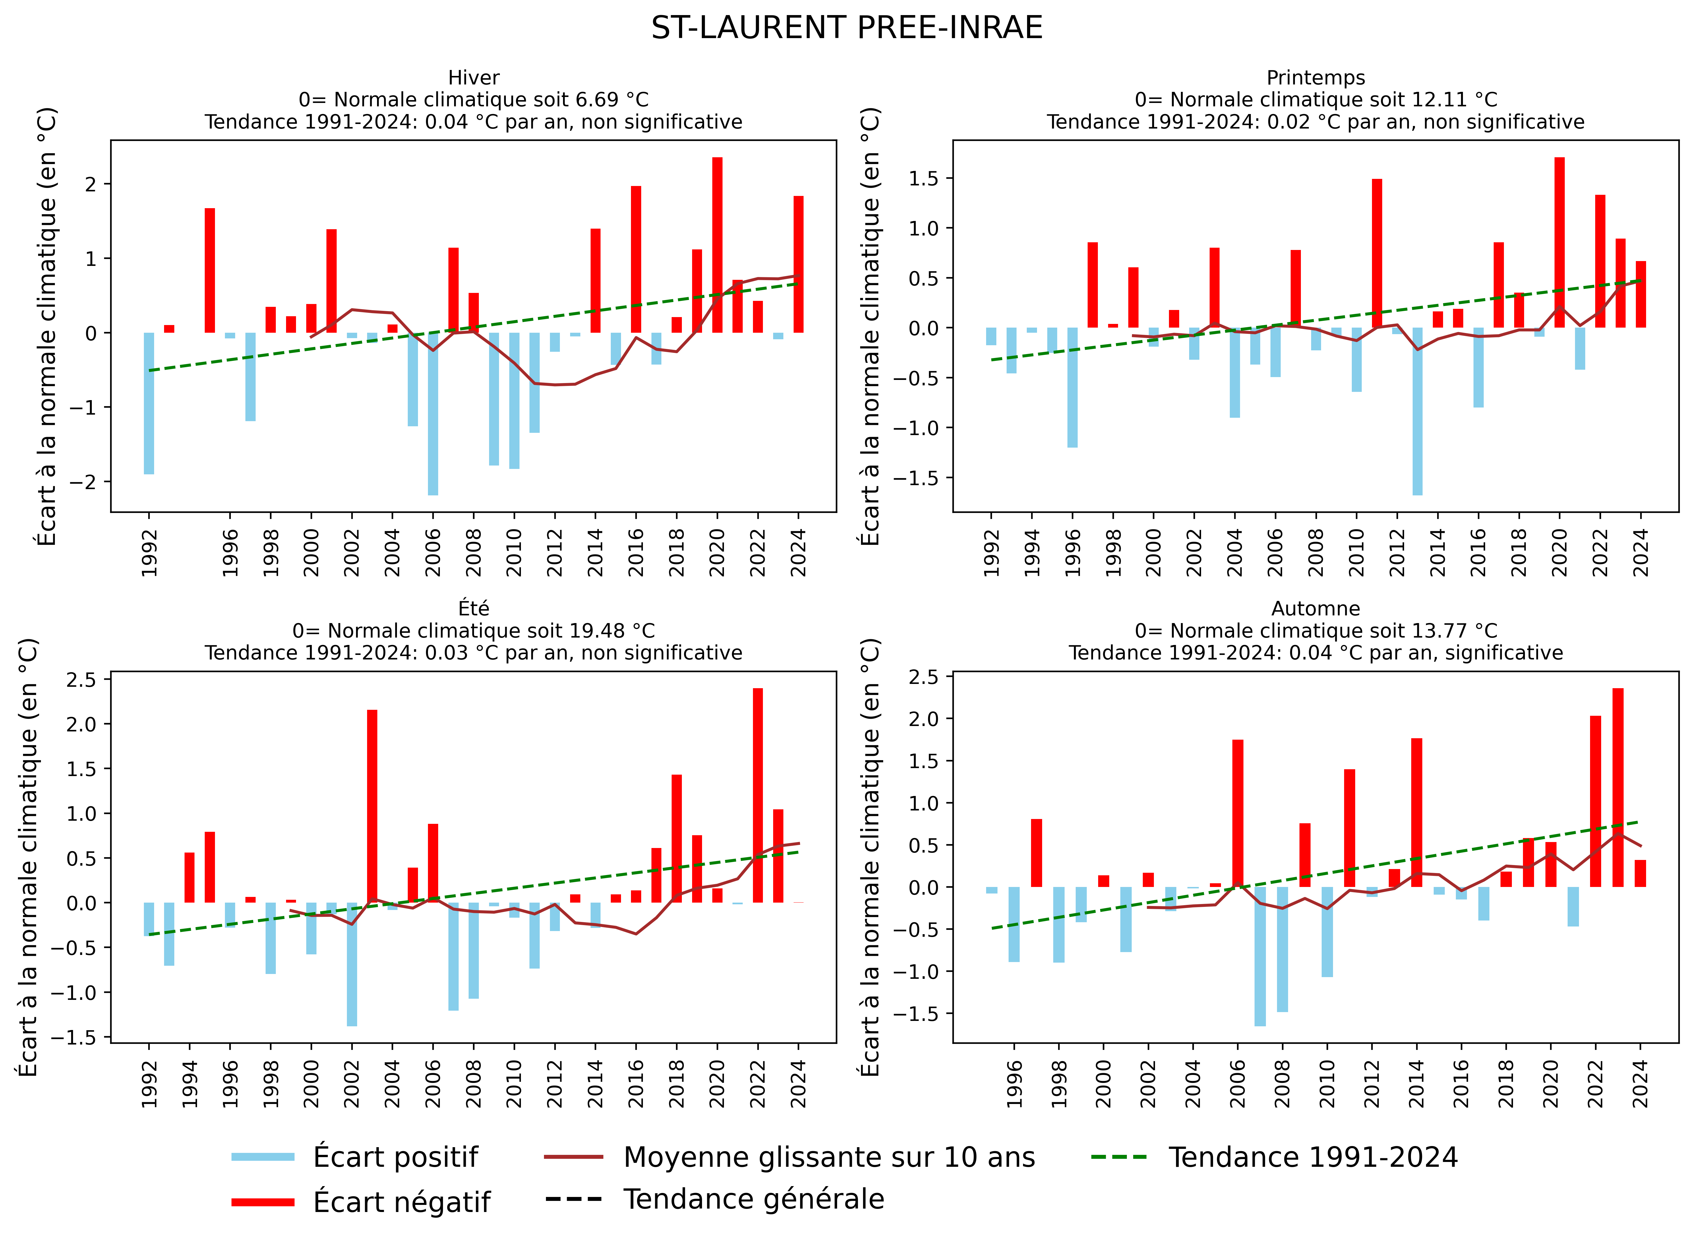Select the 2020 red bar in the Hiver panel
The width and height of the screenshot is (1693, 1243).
click(x=717, y=245)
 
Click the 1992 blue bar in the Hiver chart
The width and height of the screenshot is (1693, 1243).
click(x=149, y=403)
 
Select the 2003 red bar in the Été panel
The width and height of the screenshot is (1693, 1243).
click(x=372, y=806)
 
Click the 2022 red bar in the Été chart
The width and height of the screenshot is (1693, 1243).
click(x=758, y=795)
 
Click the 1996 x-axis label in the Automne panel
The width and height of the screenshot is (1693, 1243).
click(x=1014, y=1083)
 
